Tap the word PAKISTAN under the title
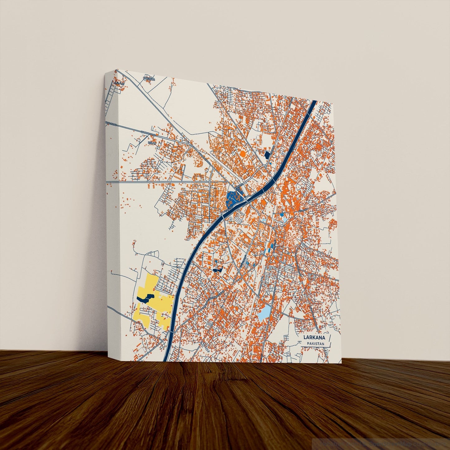tap(315, 344)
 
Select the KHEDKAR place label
tap(149, 78)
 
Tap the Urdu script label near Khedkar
tap(119, 83)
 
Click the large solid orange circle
tap(243, 154)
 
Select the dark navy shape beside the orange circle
tap(267, 155)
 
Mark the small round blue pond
tap(282, 214)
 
